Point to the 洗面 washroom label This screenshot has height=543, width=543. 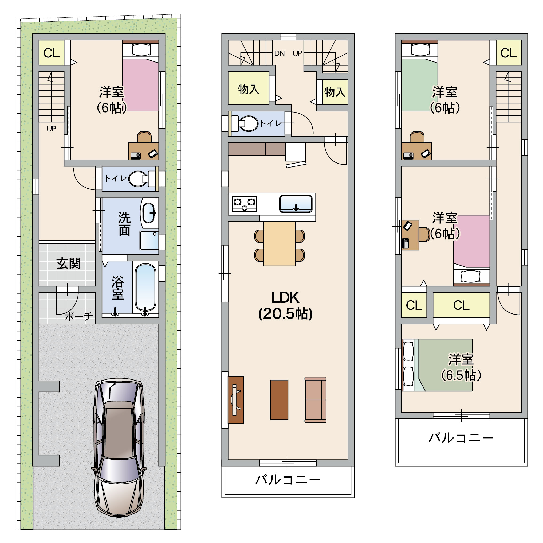(x=124, y=224)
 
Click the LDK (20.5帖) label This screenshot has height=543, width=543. (x=285, y=305)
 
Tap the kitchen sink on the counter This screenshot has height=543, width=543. (x=296, y=204)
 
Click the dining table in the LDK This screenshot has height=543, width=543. (x=279, y=244)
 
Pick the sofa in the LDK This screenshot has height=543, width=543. (x=315, y=400)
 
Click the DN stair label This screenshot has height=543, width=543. (x=279, y=53)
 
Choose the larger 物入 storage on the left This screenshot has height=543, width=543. (x=249, y=88)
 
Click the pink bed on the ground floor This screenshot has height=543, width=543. (x=140, y=84)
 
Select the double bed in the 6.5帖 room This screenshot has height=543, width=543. (x=437, y=365)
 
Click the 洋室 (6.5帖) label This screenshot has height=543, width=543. (x=461, y=367)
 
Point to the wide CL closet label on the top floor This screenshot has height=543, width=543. (x=461, y=305)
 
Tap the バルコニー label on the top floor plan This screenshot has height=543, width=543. (x=461, y=438)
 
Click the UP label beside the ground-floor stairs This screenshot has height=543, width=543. (x=51, y=129)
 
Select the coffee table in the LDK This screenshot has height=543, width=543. (x=279, y=400)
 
